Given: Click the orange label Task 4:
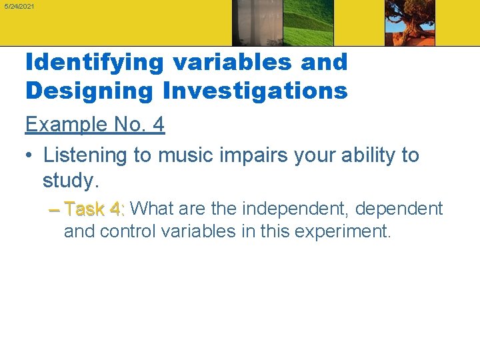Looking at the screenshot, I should click(x=94, y=209).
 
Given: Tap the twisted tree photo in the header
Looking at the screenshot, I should click(x=409, y=23).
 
